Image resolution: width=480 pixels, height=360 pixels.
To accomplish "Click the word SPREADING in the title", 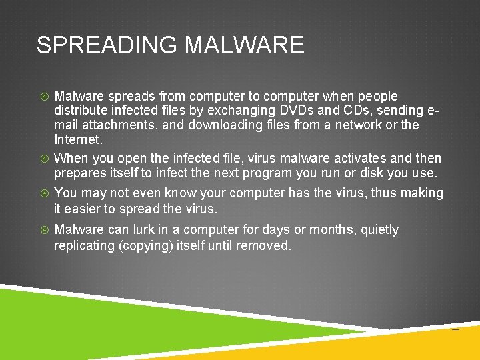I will point(107,45).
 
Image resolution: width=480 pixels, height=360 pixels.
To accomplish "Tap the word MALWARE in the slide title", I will point(244,45).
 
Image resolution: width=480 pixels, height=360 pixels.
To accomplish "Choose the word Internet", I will point(77,139).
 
